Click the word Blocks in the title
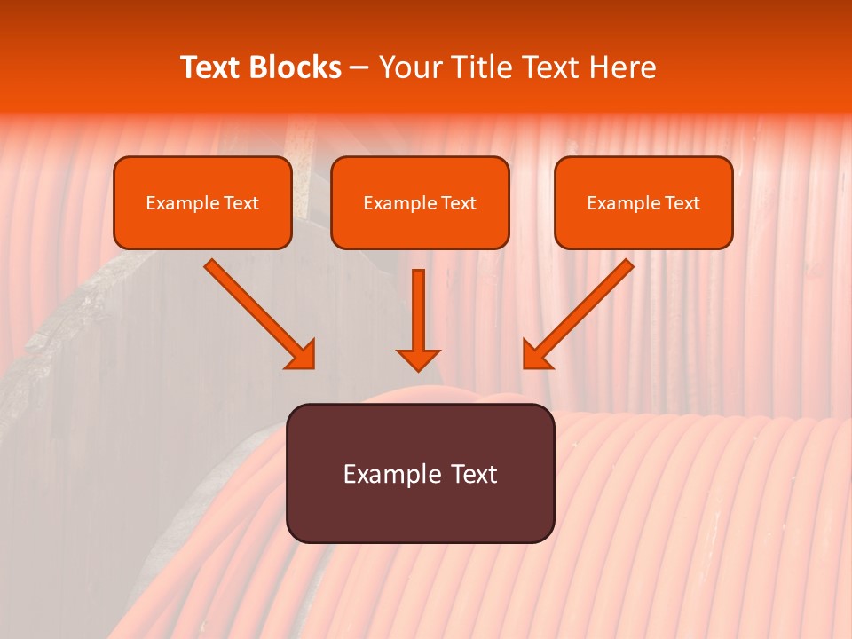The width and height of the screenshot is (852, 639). (296, 67)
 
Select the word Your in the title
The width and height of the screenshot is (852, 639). (407, 67)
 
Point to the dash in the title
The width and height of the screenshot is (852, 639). (359, 68)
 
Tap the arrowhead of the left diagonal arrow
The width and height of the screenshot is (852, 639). (302, 355)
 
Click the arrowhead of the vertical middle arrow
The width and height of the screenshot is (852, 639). (418, 359)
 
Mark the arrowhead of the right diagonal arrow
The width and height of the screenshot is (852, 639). (536, 355)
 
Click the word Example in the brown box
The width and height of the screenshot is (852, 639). (392, 474)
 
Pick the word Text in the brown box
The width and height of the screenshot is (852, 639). (474, 474)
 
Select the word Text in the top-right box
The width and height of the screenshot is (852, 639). (682, 203)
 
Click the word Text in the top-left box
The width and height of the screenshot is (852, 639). (241, 203)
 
